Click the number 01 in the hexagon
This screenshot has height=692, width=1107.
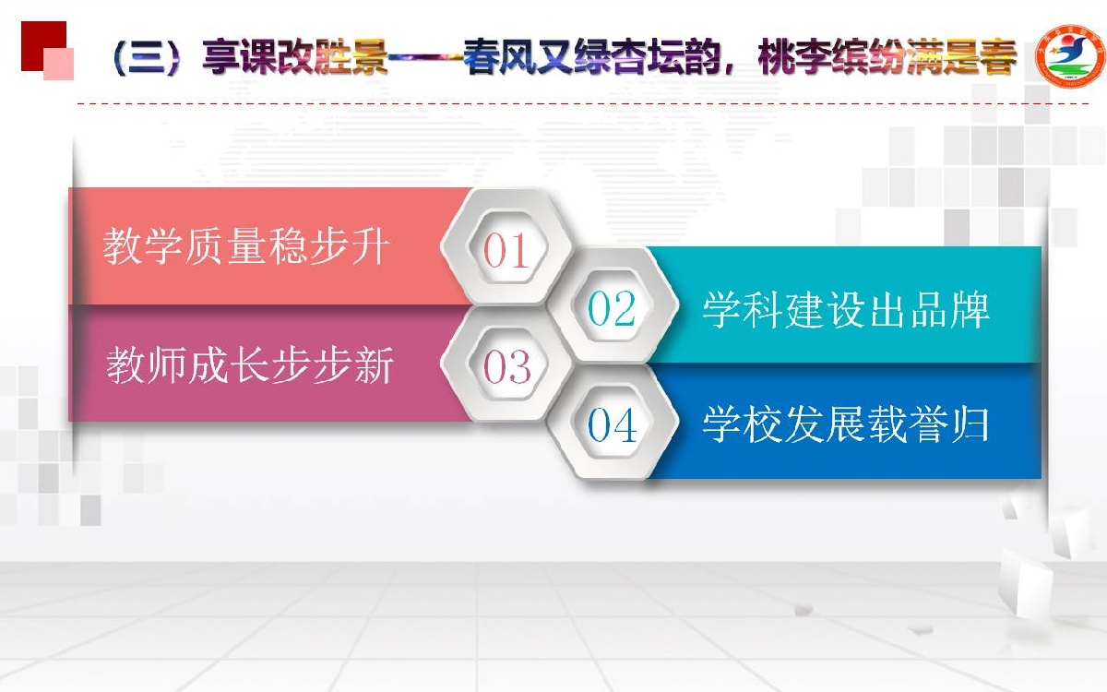[506, 250]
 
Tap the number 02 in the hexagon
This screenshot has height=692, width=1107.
[612, 308]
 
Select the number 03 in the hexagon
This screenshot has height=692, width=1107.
[507, 366]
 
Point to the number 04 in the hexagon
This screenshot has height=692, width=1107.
[612, 424]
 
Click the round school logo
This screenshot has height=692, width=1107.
[1070, 56]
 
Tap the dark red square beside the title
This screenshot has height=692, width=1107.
[43, 45]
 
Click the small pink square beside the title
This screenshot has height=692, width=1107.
[58, 64]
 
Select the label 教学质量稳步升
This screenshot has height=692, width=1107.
[245, 247]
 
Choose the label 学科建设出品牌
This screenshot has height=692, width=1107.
[846, 310]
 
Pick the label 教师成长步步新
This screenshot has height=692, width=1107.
[250, 365]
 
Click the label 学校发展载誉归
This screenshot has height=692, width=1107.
[846, 424]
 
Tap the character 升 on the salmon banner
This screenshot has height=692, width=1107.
[370, 247]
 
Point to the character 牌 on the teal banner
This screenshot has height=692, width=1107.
[970, 310]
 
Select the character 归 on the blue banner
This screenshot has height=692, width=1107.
[970, 424]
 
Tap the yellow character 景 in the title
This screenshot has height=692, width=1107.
[369, 57]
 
